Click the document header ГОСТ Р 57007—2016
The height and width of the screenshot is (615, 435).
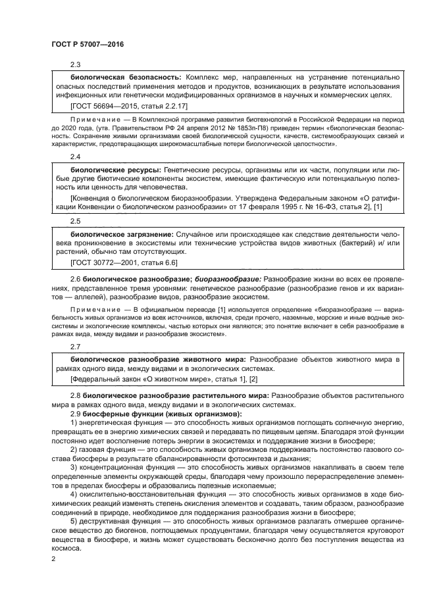point(87,44)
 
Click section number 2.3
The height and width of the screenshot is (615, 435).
point(75,64)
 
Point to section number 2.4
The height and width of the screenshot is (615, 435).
point(75,157)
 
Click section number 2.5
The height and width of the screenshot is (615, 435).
point(75,222)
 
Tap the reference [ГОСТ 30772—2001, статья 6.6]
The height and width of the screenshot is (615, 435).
point(124,262)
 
